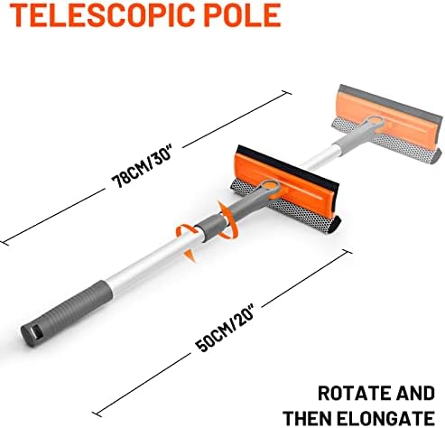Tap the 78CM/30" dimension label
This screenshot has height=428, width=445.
[x=142, y=166]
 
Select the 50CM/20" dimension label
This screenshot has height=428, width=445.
[x=226, y=328]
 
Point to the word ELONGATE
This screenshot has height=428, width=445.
[x=385, y=418]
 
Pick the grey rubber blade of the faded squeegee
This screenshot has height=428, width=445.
[x=390, y=101]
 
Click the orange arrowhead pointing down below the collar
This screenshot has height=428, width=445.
[x=189, y=255]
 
